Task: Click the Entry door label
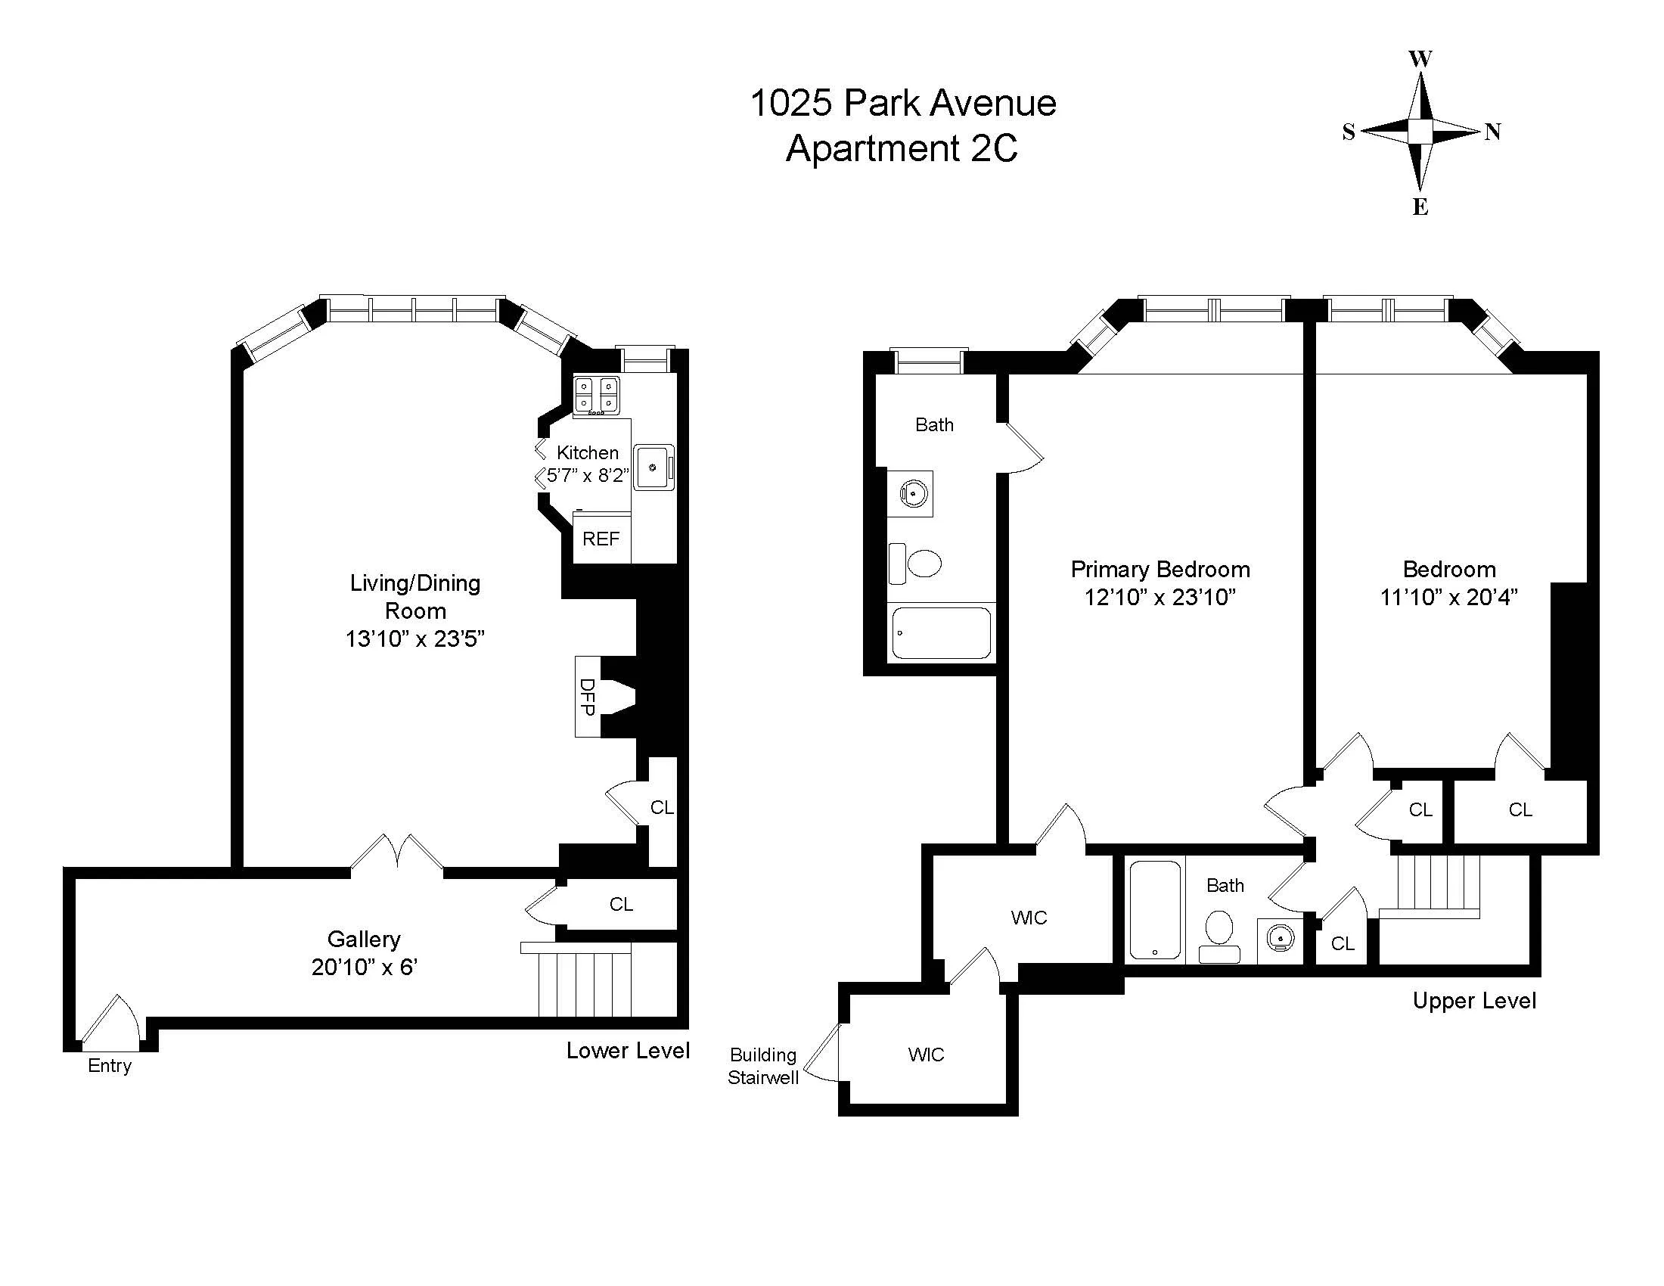[109, 1065]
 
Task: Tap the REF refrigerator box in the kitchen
[601, 539]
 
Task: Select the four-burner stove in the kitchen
[596, 395]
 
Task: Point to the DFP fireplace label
[587, 696]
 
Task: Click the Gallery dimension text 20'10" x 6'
[365, 967]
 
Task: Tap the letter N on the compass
[1492, 132]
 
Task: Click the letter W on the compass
[1420, 60]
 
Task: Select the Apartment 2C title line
[902, 148]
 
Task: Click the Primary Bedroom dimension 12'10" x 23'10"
[1160, 597]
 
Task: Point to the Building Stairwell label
[762, 1066]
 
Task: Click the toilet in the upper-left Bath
[917, 564]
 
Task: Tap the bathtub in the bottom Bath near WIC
[1155, 909]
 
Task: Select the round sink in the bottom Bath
[1281, 937]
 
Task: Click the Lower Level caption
[628, 1051]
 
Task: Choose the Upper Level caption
[1474, 1000]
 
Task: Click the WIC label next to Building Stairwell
[926, 1055]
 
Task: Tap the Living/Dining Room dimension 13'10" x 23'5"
[414, 638]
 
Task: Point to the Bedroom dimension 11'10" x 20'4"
[1448, 597]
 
